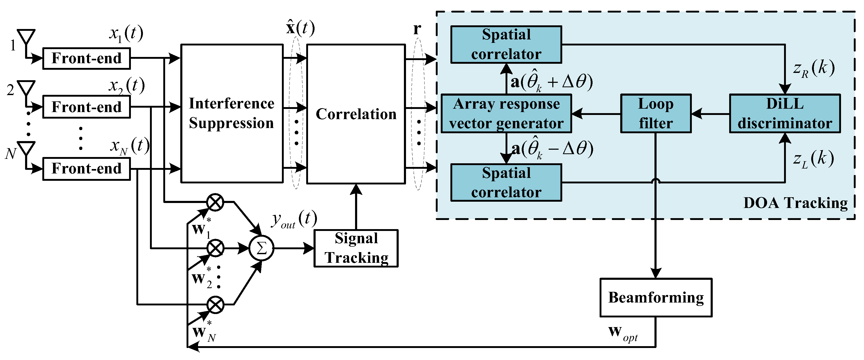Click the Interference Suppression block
tap(232, 113)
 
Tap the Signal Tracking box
tap(356, 248)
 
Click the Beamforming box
tap(656, 297)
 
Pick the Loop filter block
tap(656, 113)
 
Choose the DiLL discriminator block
tap(785, 113)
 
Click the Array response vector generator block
tap(506, 113)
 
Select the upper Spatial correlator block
tap(506, 44)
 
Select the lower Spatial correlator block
tap(506, 183)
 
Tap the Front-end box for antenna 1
tap(86, 58)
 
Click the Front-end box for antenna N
tap(86, 169)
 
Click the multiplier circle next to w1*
tap(215, 202)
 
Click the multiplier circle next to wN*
tap(215, 305)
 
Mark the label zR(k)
tap(813, 69)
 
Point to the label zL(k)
tap(813, 159)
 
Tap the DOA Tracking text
tap(795, 203)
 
